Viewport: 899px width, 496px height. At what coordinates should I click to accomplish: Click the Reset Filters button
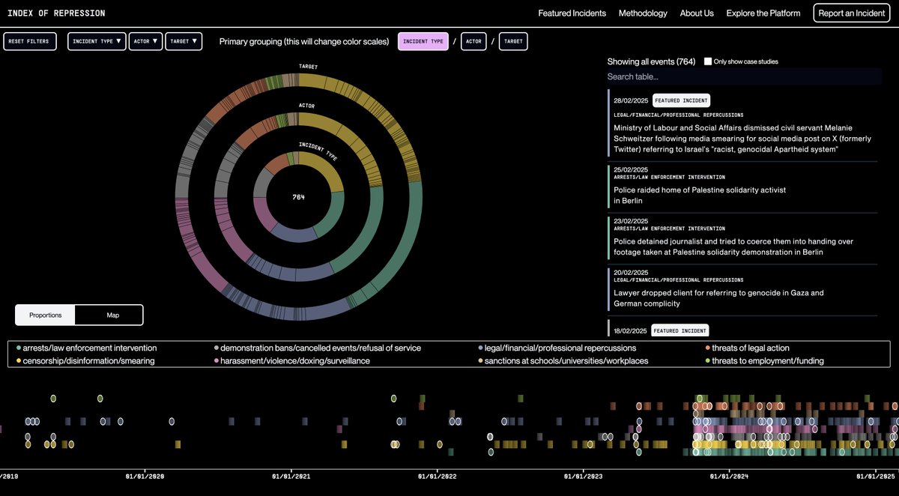coord(30,41)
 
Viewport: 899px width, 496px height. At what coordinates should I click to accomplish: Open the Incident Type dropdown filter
coord(97,41)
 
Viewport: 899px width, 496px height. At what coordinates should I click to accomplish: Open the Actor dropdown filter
coord(145,41)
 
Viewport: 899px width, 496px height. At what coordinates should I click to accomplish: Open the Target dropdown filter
coord(184,41)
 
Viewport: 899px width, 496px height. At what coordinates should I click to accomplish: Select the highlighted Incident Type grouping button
coord(423,41)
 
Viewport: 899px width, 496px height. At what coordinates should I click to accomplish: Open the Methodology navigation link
coord(643,13)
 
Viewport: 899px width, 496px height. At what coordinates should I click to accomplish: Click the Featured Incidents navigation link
coord(572,13)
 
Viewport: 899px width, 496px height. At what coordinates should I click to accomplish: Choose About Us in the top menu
coord(697,13)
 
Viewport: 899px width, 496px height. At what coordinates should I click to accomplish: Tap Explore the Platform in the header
coord(763,13)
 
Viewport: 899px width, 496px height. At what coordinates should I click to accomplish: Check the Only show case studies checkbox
coord(708,61)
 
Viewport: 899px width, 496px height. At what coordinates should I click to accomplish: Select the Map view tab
coord(112,315)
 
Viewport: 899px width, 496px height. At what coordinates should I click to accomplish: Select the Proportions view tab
coord(46,315)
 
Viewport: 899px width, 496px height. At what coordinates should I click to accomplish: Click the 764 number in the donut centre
coord(299,197)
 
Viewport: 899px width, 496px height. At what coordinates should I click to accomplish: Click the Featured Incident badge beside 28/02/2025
coord(680,100)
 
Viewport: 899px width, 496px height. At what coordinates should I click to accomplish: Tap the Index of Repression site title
coord(56,13)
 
